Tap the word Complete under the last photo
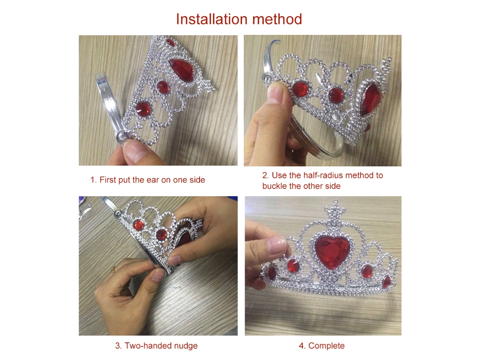click(x=326, y=346)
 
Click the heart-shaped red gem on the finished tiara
click(x=332, y=251)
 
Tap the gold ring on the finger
click(x=113, y=269)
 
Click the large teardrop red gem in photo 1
click(x=181, y=69)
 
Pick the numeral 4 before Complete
click(x=301, y=346)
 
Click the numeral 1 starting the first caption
click(x=92, y=180)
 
